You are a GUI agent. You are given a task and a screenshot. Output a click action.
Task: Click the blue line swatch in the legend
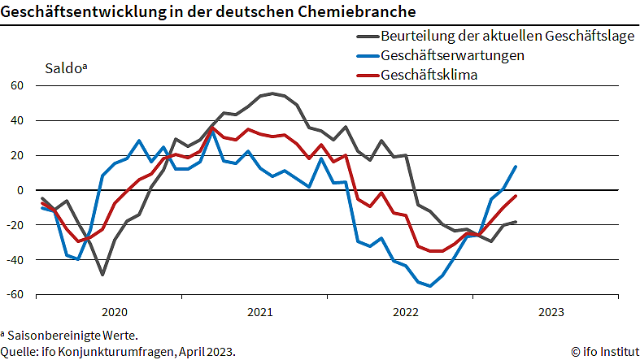pyautogui.click(x=367, y=56)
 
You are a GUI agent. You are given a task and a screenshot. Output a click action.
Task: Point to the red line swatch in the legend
pyautogui.click(x=367, y=76)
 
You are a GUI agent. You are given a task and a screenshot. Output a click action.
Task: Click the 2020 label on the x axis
pyautogui.click(x=115, y=312)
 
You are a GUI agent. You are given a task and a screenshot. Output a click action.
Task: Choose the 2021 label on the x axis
pyautogui.click(x=260, y=312)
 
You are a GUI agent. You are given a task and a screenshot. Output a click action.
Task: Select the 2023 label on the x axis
pyautogui.click(x=551, y=312)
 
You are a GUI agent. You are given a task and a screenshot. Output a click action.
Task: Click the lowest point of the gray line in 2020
pyautogui.click(x=102, y=275)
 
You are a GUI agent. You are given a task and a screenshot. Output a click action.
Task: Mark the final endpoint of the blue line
pyautogui.click(x=516, y=167)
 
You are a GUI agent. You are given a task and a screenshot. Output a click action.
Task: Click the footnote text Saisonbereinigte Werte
pyautogui.click(x=72, y=335)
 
